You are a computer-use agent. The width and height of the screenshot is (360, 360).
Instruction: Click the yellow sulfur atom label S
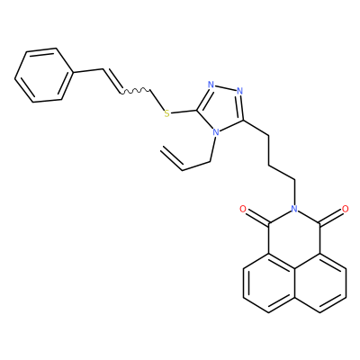click(x=167, y=113)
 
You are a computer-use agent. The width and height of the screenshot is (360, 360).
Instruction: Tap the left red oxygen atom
click(x=243, y=209)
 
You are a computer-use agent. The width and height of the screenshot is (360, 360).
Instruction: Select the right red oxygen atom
click(x=346, y=209)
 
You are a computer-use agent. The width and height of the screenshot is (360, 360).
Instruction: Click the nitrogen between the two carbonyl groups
click(x=294, y=209)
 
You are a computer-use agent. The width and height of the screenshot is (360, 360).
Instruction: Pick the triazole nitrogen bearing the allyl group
click(x=215, y=132)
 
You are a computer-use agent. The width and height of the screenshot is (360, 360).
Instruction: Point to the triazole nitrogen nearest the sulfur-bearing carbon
click(x=211, y=85)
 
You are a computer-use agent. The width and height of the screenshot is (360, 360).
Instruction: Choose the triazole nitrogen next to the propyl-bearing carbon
click(x=239, y=91)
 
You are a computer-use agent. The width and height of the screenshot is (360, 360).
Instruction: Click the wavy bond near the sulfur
click(x=136, y=91)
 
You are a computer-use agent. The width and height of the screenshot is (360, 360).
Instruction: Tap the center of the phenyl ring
click(x=44, y=75)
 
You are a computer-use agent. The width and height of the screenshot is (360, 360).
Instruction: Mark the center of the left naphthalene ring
click(x=269, y=283)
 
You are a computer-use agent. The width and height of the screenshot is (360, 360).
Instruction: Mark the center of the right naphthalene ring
click(x=320, y=283)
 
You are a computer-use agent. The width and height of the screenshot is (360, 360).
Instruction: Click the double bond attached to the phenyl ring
click(x=112, y=80)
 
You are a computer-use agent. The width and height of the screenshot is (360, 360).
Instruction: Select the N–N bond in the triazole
click(x=225, y=87)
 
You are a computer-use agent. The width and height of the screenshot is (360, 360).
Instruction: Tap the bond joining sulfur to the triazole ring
click(x=184, y=112)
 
